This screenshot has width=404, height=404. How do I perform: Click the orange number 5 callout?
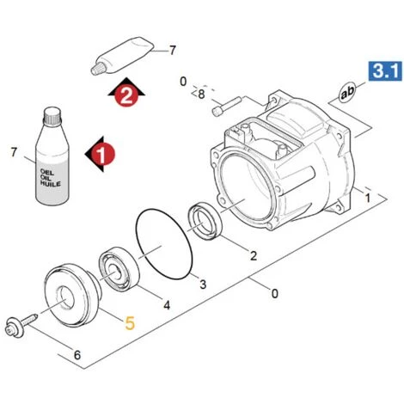click(x=130, y=323)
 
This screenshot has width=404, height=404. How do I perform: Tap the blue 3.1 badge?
click(x=385, y=70)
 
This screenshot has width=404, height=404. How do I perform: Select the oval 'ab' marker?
click(x=346, y=92)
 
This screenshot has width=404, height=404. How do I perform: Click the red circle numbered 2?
click(x=126, y=95)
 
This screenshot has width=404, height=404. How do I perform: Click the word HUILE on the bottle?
click(x=51, y=184)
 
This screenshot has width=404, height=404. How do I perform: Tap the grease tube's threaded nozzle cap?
click(x=96, y=69)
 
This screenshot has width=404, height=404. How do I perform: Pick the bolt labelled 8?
click(x=227, y=106)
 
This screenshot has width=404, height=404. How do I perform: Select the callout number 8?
click(x=201, y=95)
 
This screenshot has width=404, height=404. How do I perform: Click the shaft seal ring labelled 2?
click(x=205, y=221)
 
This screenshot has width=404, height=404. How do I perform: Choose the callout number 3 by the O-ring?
click(x=203, y=285)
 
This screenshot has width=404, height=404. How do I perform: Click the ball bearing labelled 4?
click(x=119, y=268)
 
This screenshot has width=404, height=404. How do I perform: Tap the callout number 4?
click(x=167, y=305)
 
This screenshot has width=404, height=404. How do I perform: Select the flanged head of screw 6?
click(x=15, y=327)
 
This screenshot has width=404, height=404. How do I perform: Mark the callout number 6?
click(x=77, y=355)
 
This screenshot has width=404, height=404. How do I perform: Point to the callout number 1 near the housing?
click(x=368, y=198)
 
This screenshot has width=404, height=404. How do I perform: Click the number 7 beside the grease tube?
click(x=172, y=51)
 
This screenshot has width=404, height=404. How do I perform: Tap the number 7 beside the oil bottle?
click(x=14, y=152)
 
